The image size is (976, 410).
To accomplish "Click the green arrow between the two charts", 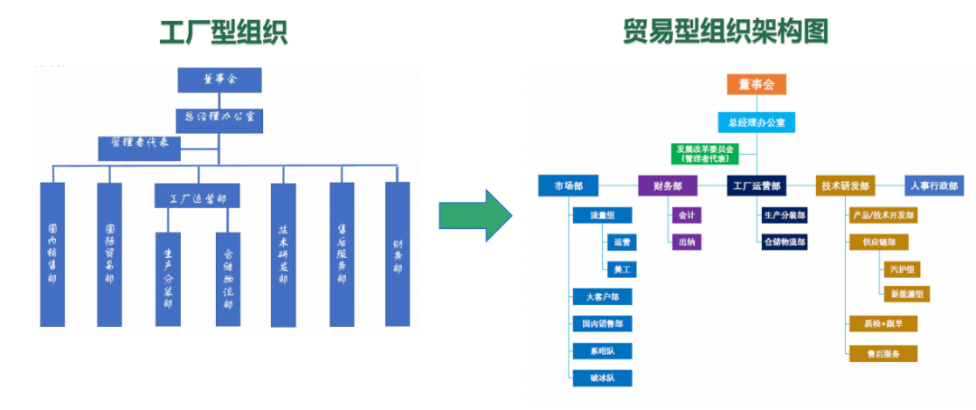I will (x=474, y=215).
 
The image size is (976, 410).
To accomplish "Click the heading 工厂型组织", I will (x=223, y=32).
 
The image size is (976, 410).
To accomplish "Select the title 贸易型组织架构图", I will (x=726, y=32).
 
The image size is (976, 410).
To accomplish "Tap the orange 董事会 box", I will (x=756, y=84).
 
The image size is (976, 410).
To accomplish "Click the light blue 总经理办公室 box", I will (x=756, y=122).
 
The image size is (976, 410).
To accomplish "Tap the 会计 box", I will (x=685, y=216).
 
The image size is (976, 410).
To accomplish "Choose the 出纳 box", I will (x=685, y=242).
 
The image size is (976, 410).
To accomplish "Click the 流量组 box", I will (x=602, y=215).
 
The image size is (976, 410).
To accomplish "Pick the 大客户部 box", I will (x=602, y=297).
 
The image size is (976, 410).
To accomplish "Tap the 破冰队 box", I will (x=602, y=377).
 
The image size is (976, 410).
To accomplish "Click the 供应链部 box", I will (x=878, y=242).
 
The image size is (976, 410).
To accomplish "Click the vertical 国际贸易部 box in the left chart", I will (x=109, y=254).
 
